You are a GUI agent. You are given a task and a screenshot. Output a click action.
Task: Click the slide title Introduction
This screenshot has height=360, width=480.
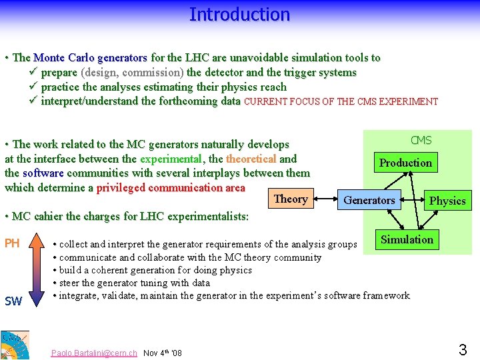[x=239, y=14]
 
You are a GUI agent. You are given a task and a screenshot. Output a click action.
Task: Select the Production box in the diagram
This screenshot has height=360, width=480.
[x=405, y=163]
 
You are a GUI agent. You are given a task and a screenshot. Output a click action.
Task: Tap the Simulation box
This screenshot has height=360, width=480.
[x=407, y=239]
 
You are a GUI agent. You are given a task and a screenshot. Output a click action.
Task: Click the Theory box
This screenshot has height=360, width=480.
[x=291, y=199]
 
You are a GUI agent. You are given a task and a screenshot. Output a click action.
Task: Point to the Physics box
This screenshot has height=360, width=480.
[x=447, y=201]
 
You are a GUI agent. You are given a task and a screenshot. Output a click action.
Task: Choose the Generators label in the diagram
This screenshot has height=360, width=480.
[x=369, y=200]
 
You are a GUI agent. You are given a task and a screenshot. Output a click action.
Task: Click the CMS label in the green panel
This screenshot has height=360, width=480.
[x=421, y=140]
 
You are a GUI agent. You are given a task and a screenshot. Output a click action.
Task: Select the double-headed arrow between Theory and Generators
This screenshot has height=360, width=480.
[x=326, y=199]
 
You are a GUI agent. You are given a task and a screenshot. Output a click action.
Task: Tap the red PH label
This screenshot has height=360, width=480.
[x=12, y=243]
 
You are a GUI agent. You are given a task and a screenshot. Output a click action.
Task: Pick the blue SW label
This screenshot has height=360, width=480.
[x=13, y=301]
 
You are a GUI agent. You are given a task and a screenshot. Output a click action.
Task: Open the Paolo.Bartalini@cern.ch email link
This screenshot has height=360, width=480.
[x=94, y=353]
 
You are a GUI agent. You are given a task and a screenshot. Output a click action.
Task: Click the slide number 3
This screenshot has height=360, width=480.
[x=462, y=349]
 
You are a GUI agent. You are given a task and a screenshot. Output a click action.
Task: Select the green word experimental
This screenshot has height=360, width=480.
[x=171, y=159]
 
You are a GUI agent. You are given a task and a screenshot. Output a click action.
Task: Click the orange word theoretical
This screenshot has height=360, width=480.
[x=251, y=159]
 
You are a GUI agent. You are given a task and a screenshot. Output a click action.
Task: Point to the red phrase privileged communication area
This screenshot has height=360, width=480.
[x=171, y=187]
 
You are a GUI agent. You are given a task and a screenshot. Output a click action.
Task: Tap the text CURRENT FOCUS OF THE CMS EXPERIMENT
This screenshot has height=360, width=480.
[x=341, y=102]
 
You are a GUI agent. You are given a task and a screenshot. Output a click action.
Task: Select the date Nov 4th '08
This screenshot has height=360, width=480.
[x=162, y=353]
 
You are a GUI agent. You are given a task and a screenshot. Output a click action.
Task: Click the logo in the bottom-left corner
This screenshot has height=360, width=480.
[x=15, y=345]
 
